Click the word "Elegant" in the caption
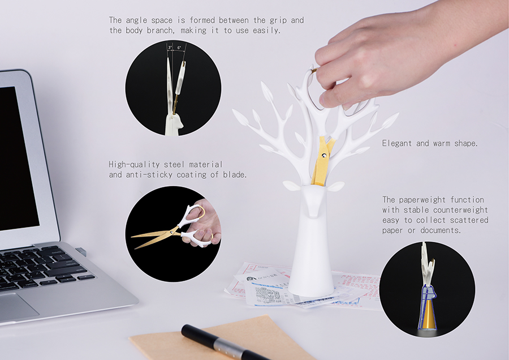[x=396, y=143]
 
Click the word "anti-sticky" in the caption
[x=149, y=175]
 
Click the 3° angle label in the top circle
[x=170, y=48]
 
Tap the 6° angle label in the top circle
[x=179, y=48]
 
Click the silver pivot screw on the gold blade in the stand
[x=323, y=156]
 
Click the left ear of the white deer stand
[x=292, y=186]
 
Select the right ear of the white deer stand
[x=335, y=186]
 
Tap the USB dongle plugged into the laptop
[x=81, y=252]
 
